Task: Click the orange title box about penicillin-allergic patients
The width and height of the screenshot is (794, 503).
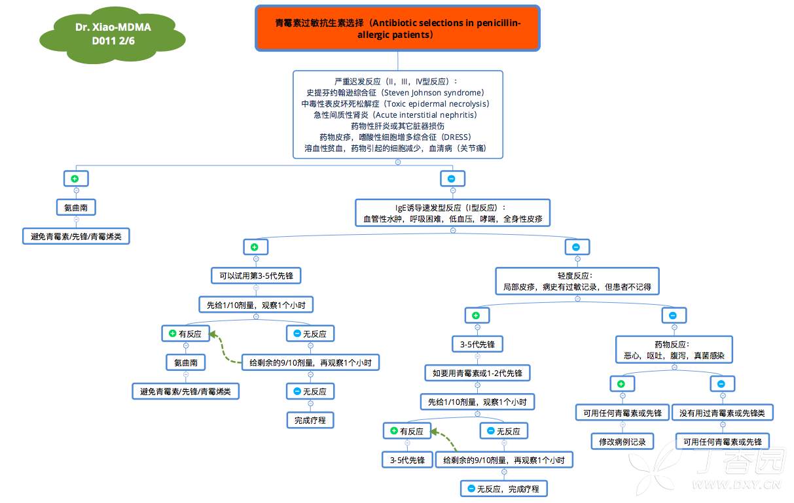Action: (397, 28)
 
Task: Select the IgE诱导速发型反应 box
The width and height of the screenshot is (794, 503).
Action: (452, 214)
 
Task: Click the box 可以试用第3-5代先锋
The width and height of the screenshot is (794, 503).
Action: (256, 276)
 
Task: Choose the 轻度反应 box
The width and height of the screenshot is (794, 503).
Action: (577, 281)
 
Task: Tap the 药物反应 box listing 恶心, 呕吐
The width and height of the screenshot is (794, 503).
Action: (674, 350)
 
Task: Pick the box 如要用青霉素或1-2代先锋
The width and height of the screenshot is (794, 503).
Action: (477, 373)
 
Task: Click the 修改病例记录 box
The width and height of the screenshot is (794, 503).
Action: (622, 442)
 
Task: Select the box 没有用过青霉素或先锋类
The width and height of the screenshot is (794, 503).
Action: (723, 413)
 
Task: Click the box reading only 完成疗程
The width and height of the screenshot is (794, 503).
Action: (310, 420)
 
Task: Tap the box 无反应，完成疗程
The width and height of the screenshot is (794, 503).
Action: (503, 489)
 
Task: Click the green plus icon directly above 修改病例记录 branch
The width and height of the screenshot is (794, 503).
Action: (622, 384)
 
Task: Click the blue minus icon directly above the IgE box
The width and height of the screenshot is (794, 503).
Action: (452, 179)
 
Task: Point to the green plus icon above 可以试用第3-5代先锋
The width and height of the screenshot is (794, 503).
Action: (255, 247)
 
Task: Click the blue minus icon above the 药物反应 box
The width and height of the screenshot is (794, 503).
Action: (674, 315)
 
